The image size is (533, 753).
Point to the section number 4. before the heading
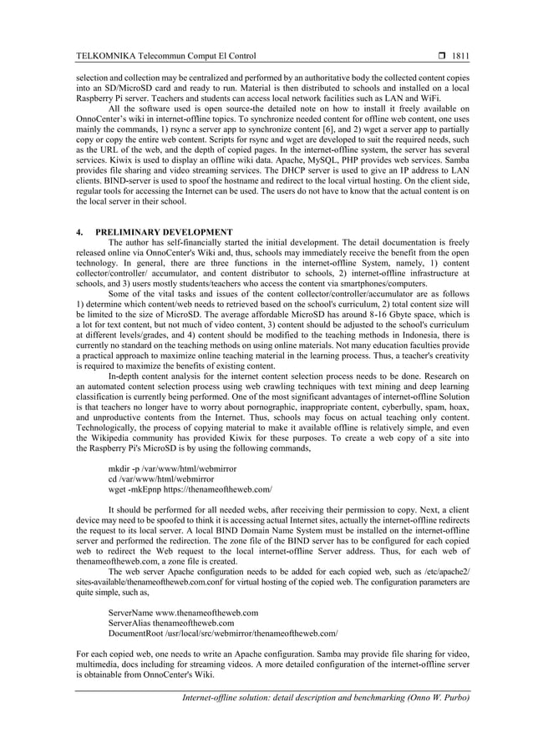[79, 231]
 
